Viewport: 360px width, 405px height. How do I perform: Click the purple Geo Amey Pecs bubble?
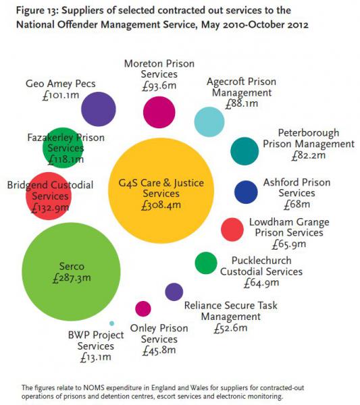(x=99, y=109)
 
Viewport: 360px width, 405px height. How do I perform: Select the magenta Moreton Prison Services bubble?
(x=159, y=112)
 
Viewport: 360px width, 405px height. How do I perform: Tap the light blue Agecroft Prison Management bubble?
(x=209, y=122)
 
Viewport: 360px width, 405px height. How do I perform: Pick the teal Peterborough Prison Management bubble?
(x=245, y=151)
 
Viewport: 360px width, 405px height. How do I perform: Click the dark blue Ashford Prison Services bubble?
(x=246, y=192)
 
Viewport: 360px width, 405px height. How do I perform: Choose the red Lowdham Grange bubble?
(x=232, y=230)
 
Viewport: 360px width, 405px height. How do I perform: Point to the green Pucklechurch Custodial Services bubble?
(x=206, y=263)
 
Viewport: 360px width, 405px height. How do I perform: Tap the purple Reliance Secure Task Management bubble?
(x=174, y=292)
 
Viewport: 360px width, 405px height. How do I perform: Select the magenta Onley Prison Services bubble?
(x=143, y=308)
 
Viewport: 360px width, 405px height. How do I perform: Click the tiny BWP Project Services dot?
(x=111, y=323)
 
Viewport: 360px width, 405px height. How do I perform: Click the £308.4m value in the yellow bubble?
(x=161, y=205)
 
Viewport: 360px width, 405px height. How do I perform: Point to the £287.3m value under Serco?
(x=72, y=278)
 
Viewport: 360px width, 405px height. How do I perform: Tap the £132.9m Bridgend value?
(x=50, y=208)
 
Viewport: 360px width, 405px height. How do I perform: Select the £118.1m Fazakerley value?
(x=66, y=159)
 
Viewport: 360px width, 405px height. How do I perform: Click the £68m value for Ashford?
(x=297, y=205)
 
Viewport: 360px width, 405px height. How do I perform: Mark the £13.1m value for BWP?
(x=96, y=358)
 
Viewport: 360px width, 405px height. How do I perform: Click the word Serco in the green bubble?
(x=72, y=267)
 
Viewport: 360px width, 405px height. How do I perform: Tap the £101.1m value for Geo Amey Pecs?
(x=61, y=95)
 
